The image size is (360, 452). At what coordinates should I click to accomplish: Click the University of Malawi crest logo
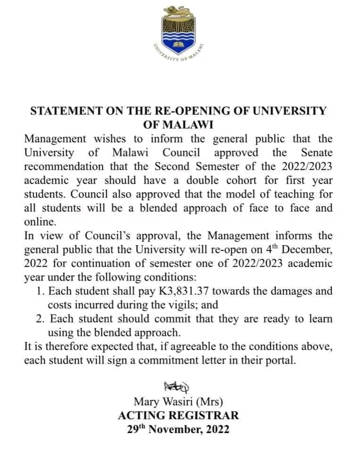[180, 35]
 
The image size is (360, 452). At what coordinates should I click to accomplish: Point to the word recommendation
[65, 167]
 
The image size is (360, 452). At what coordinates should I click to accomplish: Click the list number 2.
[40, 319]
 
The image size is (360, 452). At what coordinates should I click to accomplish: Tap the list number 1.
[40, 291]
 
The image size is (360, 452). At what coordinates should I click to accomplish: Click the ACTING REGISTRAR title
[178, 416]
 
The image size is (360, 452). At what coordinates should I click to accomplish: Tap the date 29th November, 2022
[178, 429]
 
